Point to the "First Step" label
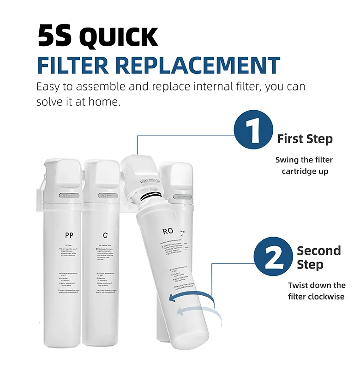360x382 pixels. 305,139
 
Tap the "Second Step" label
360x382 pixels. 318,257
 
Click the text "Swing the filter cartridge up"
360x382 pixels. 304,165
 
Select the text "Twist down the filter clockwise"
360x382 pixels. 316,291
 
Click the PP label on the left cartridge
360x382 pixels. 69,236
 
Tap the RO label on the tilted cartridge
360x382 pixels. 168,231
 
